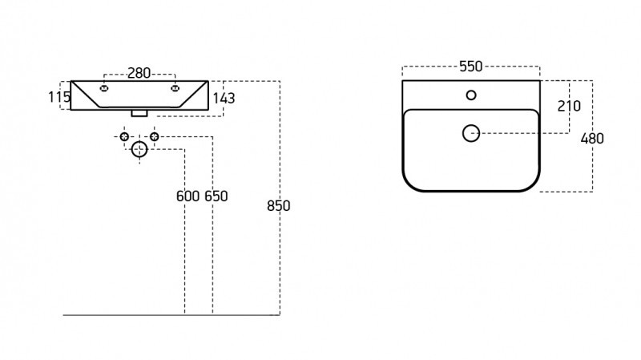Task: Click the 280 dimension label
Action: (x=139, y=73)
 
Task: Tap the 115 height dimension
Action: (x=59, y=97)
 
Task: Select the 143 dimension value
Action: (x=224, y=98)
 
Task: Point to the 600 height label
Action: (x=187, y=196)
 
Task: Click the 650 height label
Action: (x=216, y=196)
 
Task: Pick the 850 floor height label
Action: (x=278, y=206)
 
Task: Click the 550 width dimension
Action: (x=471, y=67)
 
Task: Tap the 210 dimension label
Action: (x=569, y=107)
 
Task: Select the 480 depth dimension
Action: (x=592, y=139)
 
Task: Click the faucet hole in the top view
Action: (x=471, y=95)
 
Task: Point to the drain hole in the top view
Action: (x=471, y=133)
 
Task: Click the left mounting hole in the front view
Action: (x=104, y=88)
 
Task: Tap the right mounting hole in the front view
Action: (x=175, y=88)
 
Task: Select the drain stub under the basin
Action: (x=139, y=113)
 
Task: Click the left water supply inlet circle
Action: (x=125, y=136)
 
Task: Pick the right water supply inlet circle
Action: (x=154, y=136)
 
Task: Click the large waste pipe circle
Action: (x=139, y=149)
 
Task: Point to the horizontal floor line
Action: (x=171, y=315)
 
